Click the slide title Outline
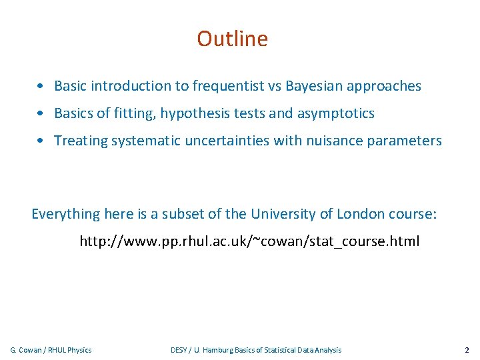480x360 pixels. [232, 39]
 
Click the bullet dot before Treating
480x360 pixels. [41, 141]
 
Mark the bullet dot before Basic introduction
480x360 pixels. [41, 86]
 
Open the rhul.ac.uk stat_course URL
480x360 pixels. [249, 241]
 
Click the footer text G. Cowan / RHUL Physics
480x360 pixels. [51, 350]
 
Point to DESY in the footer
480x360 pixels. [179, 350]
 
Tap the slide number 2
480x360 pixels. [467, 350]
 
